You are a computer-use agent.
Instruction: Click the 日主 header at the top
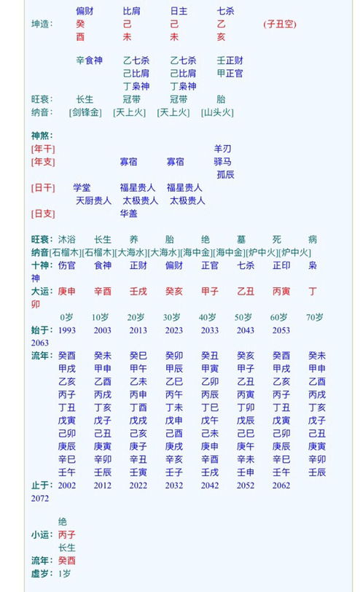179,11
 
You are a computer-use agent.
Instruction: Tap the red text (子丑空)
279,24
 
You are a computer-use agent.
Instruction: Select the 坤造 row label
42,24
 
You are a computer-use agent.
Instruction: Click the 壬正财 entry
230,61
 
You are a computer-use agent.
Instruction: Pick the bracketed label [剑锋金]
85,112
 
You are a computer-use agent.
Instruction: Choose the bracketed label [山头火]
217,112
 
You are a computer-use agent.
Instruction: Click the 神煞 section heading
42,136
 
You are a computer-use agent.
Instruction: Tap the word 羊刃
222,149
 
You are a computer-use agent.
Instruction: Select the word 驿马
222,162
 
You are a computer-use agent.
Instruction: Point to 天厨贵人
93,200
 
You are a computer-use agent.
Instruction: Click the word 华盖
128,214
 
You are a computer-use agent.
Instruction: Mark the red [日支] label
43,214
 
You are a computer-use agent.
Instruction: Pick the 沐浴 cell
66,239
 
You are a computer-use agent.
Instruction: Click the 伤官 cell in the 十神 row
66,265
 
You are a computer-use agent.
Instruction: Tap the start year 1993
67,330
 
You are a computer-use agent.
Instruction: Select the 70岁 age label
315,317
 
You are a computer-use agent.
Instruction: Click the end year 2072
40,498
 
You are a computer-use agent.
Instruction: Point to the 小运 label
41,534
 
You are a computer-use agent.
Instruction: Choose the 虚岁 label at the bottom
41,573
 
